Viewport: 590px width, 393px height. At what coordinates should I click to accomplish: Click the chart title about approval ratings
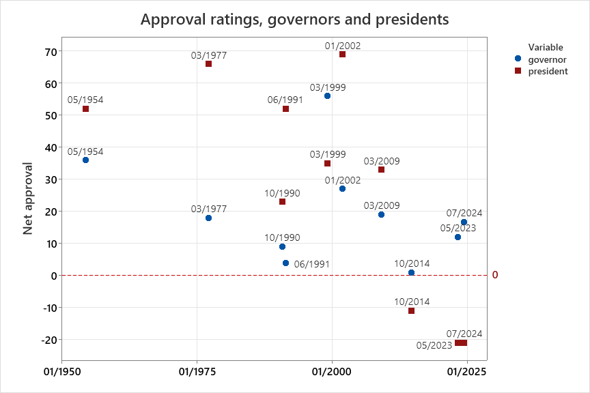tap(294, 19)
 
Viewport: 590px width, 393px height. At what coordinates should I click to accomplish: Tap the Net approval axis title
tap(28, 198)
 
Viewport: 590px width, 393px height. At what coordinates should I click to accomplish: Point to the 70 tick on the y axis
tap(51, 51)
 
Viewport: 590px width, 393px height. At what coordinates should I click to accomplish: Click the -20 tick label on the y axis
tap(48, 339)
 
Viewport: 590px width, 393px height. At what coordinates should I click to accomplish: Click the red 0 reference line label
tap(495, 275)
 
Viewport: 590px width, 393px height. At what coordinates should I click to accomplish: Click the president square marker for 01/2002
tap(342, 55)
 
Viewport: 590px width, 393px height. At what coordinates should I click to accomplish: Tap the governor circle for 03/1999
tap(327, 96)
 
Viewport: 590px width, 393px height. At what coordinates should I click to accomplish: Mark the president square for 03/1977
tap(208, 64)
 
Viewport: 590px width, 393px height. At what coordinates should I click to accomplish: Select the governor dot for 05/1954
tap(85, 160)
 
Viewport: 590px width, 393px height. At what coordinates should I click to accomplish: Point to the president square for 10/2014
tap(411, 311)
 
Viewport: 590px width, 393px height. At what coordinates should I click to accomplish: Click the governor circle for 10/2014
tap(411, 273)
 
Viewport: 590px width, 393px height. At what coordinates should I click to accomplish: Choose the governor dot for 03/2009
tap(381, 215)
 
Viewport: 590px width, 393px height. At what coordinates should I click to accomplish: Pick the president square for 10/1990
tap(282, 202)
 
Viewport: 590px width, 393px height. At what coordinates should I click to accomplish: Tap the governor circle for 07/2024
tap(464, 222)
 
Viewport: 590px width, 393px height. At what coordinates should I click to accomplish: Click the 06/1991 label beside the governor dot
tap(311, 264)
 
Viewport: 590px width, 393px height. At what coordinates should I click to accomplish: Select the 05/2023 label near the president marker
tap(434, 345)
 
